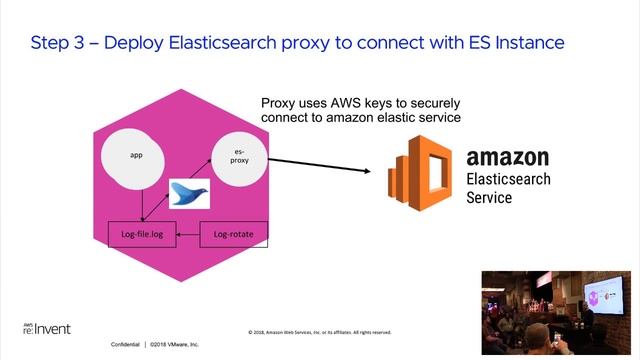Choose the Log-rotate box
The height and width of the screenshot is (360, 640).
pos(234,235)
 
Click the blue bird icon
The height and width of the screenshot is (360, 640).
pos(189,193)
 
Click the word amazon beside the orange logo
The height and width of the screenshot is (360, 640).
pos(508,157)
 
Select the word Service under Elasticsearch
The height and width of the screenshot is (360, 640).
pos(489,197)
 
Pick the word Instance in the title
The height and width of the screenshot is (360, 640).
pos(529,43)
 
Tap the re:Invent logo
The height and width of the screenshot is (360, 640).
pos(46,328)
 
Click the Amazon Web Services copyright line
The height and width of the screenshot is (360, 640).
pos(319,331)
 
